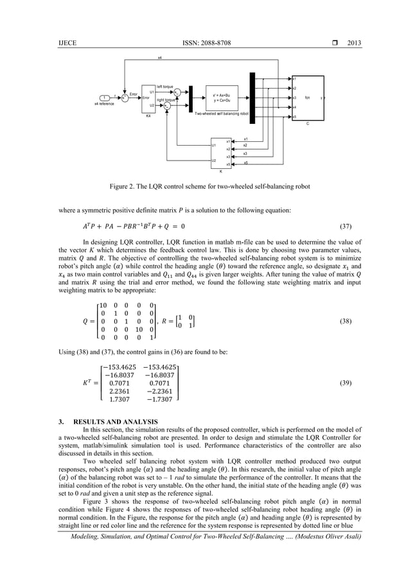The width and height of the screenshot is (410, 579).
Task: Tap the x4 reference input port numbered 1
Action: point(104,97)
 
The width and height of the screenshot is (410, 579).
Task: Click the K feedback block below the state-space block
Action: point(221,153)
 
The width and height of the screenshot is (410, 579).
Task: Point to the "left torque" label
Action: point(165,87)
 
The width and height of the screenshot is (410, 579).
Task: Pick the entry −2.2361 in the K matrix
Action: point(159,390)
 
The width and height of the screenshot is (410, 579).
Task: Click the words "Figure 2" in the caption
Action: point(123,187)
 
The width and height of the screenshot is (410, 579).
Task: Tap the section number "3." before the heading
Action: point(61,421)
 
